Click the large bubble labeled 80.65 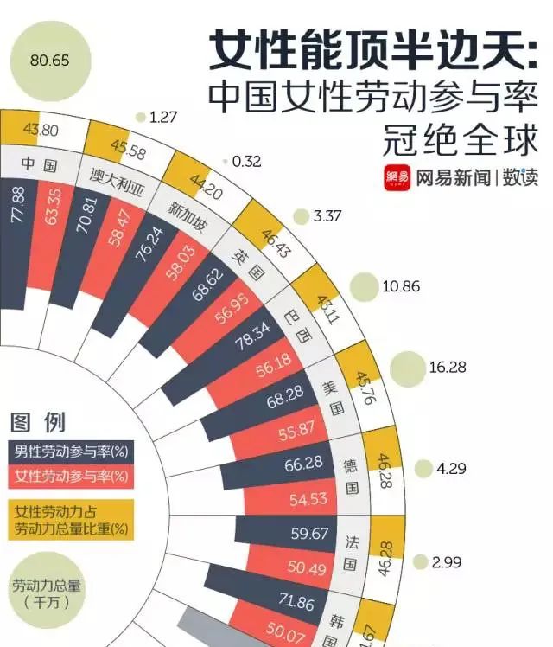48,61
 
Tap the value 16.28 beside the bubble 447,367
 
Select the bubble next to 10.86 365,286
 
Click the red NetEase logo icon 397,178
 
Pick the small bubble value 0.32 246,161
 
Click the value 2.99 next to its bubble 447,562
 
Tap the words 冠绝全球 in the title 460,140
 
